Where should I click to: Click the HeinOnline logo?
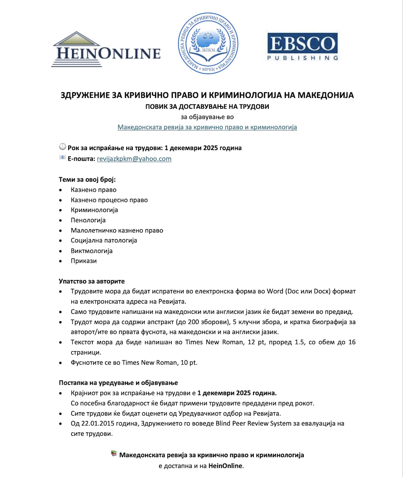click(106, 50)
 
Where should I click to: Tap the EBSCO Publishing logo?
click(302, 47)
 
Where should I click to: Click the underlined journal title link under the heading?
click(207, 127)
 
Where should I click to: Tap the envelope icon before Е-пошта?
click(63, 158)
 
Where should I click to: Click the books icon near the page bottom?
click(114, 453)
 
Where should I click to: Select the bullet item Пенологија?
click(88, 220)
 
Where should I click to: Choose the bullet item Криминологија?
click(94, 210)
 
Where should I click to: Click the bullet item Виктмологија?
click(92, 251)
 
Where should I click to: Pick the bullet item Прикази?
click(84, 261)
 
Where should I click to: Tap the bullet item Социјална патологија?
click(104, 240)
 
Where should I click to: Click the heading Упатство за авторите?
click(92, 281)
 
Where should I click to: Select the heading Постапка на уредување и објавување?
click(118, 383)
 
